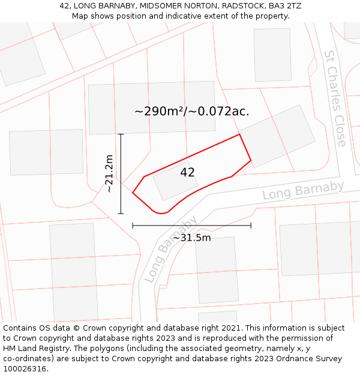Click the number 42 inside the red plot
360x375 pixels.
coord(187,172)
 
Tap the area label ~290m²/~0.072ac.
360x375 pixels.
coord(191,111)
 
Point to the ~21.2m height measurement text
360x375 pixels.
coord(109,173)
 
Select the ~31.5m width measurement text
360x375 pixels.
coord(192,238)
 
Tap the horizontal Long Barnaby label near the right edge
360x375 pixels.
coord(303,191)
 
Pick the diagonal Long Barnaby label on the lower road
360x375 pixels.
coord(170,249)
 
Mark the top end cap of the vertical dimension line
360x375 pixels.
coord(121,134)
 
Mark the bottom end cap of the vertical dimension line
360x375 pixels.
coord(121,214)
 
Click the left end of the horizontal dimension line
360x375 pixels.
coord(133,226)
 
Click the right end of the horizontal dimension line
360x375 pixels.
coord(251,226)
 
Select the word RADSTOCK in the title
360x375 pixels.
coord(243,6)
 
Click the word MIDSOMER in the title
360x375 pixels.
coord(149,6)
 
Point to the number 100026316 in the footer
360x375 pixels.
coord(25,369)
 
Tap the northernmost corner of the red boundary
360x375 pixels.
coord(239,134)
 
